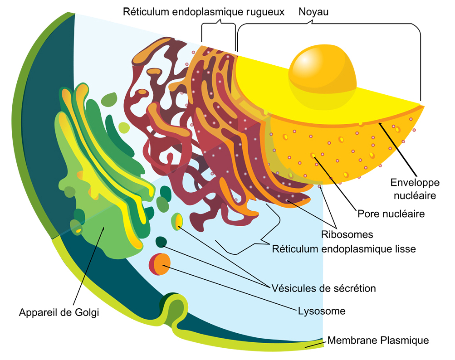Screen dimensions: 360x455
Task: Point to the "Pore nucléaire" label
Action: coord(391,214)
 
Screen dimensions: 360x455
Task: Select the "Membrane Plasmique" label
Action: coord(378,340)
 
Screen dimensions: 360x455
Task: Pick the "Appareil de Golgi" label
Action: coord(59,312)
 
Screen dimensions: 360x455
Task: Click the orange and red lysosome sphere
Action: coord(159,264)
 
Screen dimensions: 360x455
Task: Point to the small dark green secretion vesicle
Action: coord(161,242)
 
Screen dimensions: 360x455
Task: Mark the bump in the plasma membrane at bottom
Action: coord(176,308)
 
